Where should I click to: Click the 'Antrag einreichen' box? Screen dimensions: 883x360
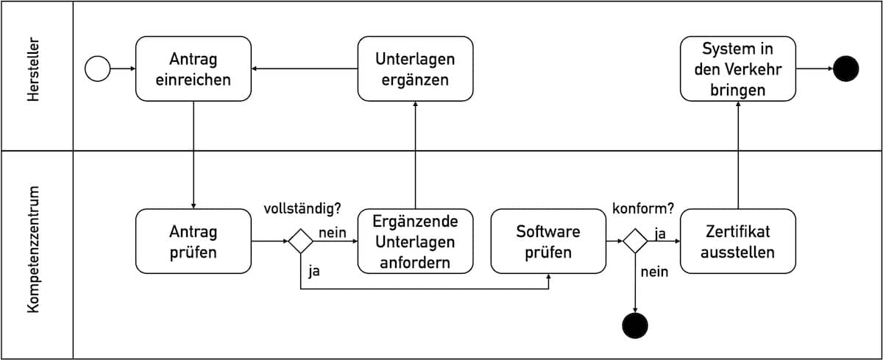(x=193, y=68)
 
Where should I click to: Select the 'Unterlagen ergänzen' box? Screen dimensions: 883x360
(x=415, y=68)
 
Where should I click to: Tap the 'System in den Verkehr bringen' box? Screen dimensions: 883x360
(x=738, y=68)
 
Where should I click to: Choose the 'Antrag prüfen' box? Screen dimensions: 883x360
(x=193, y=241)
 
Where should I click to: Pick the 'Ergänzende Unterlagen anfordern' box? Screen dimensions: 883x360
(x=415, y=241)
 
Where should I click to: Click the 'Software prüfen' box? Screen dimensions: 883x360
(x=548, y=241)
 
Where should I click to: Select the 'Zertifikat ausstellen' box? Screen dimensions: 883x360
(x=738, y=241)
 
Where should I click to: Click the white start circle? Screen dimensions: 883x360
(x=97, y=68)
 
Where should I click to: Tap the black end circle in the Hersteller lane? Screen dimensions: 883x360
(x=846, y=68)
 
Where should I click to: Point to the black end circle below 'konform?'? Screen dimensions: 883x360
(x=635, y=325)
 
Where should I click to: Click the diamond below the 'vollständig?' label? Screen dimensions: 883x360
(x=301, y=241)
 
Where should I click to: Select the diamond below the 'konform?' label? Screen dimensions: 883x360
(x=635, y=241)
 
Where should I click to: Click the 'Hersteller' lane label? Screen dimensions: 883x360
(x=34, y=69)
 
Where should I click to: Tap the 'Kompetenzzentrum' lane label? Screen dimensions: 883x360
(x=34, y=250)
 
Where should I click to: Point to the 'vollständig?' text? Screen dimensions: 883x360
(x=302, y=208)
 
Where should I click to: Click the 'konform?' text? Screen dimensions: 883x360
(x=643, y=208)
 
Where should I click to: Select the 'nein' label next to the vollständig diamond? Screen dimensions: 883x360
(x=333, y=233)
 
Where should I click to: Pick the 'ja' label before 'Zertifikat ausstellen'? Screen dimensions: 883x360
(x=660, y=233)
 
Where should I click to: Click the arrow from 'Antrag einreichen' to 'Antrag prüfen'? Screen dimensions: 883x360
(x=193, y=155)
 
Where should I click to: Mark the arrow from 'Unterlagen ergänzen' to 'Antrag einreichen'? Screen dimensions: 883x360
(x=305, y=68)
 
